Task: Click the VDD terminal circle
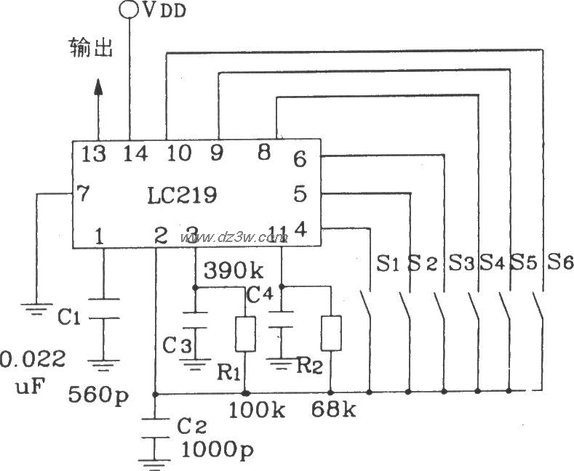[129, 9]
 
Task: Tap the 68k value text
[332, 411]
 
